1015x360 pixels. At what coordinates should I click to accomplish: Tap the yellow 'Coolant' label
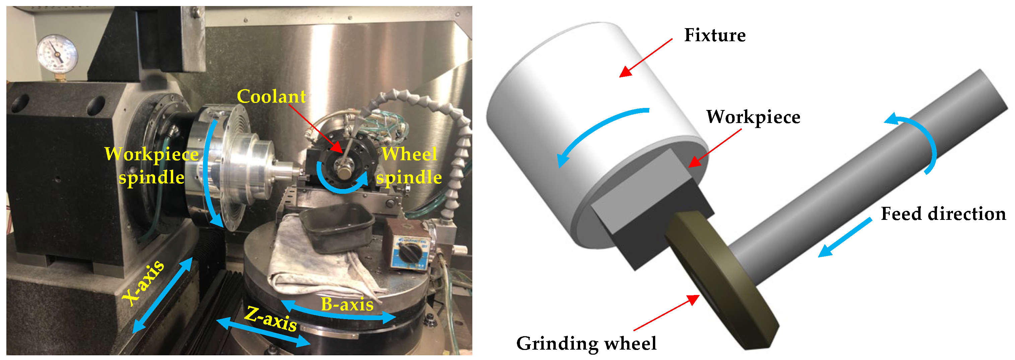pyautogui.click(x=271, y=97)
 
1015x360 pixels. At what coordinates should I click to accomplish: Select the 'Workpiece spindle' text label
pyautogui.click(x=152, y=166)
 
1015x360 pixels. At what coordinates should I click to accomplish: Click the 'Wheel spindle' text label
pyautogui.click(x=409, y=166)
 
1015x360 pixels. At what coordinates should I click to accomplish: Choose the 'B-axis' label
pyautogui.click(x=347, y=304)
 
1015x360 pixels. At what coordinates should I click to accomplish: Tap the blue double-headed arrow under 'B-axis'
pyautogui.click(x=339, y=313)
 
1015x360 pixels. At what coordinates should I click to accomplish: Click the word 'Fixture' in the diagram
pyautogui.click(x=715, y=35)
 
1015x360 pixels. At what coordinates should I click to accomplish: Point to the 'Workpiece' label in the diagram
pyautogui.click(x=753, y=117)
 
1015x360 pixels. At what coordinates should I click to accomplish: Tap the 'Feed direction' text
pyautogui.click(x=943, y=214)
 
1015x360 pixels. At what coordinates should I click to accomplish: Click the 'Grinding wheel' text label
pyautogui.click(x=586, y=343)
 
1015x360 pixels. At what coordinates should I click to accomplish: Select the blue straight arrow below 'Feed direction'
pyautogui.click(x=845, y=237)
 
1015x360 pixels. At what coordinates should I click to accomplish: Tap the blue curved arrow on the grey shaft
pyautogui.click(x=918, y=142)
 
